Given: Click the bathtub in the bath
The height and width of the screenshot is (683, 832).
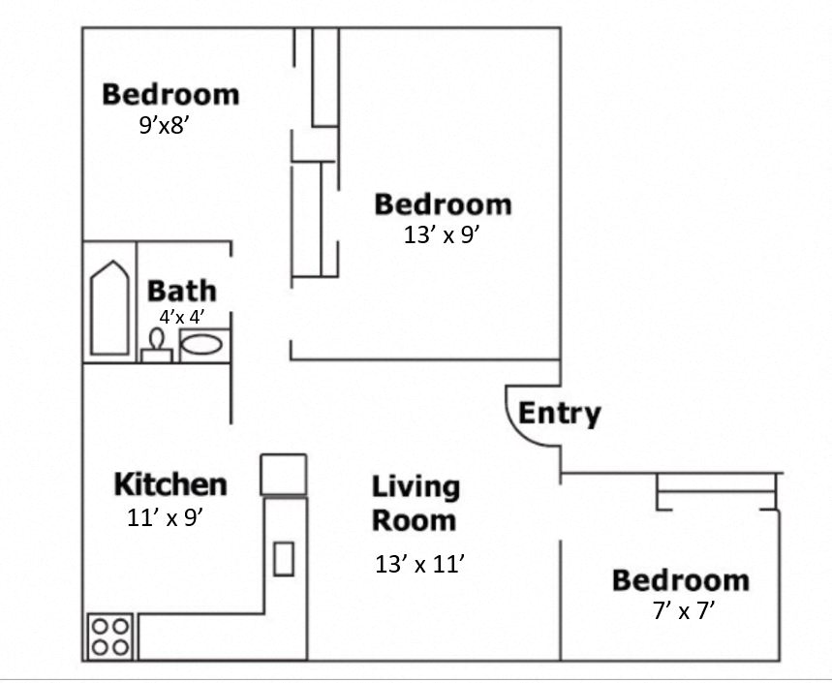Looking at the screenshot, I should point(108,308).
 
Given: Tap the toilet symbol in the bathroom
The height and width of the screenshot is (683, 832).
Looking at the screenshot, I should point(156,347).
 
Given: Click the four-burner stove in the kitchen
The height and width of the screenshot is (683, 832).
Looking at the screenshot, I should point(109,636).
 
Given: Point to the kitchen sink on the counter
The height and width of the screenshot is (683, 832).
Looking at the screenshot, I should point(283,559).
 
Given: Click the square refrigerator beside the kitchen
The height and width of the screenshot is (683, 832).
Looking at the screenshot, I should point(283,474).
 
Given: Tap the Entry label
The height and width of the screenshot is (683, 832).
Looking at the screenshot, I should point(559,414).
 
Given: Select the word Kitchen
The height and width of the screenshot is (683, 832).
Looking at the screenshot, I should point(170,483).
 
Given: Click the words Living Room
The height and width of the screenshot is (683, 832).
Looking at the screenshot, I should point(415,503).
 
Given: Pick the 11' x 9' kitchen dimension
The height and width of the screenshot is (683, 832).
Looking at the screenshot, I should point(165,517).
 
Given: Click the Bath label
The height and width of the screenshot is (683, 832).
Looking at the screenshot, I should point(181,291).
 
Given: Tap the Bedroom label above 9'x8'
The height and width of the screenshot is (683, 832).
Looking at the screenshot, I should point(170,95).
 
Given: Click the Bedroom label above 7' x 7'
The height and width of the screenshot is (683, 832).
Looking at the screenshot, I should point(680,580).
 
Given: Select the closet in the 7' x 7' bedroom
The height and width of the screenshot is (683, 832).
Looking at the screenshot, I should point(717,491).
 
